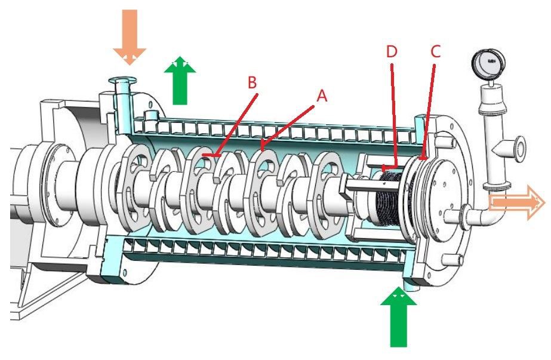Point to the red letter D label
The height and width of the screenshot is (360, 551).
pos(392,51)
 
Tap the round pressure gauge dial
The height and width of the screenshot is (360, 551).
pos(488,61)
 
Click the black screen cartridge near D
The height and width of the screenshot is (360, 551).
pos(392,197)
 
